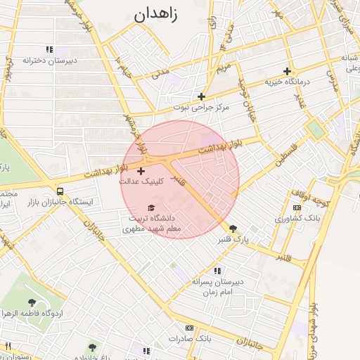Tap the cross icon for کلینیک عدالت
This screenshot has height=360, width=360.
pyautogui.click(x=141, y=170)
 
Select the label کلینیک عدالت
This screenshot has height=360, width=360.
pyautogui.click(x=141, y=181)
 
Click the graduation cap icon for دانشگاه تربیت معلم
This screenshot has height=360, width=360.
pyautogui.click(x=151, y=207)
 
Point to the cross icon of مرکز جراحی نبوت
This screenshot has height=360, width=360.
pyautogui.click(x=201, y=96)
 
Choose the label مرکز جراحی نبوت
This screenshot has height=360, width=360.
pyautogui.click(x=201, y=108)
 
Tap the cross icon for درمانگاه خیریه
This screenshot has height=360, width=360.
pyautogui.click(x=287, y=71)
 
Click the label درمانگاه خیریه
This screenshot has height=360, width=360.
pyautogui.click(x=287, y=82)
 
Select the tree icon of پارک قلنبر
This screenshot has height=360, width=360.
pyautogui.click(x=233, y=228)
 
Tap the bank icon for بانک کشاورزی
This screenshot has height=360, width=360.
pyautogui.click(x=297, y=207)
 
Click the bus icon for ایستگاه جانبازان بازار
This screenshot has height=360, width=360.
pyautogui.click(x=60, y=191)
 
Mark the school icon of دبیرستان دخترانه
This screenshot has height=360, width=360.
pyautogui.click(x=49, y=49)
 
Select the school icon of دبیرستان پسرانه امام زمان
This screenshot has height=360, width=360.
pyautogui.click(x=217, y=271)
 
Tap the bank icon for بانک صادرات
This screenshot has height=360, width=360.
pyautogui.click(x=189, y=328)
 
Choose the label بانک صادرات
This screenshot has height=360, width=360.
pyautogui.click(x=189, y=339)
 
